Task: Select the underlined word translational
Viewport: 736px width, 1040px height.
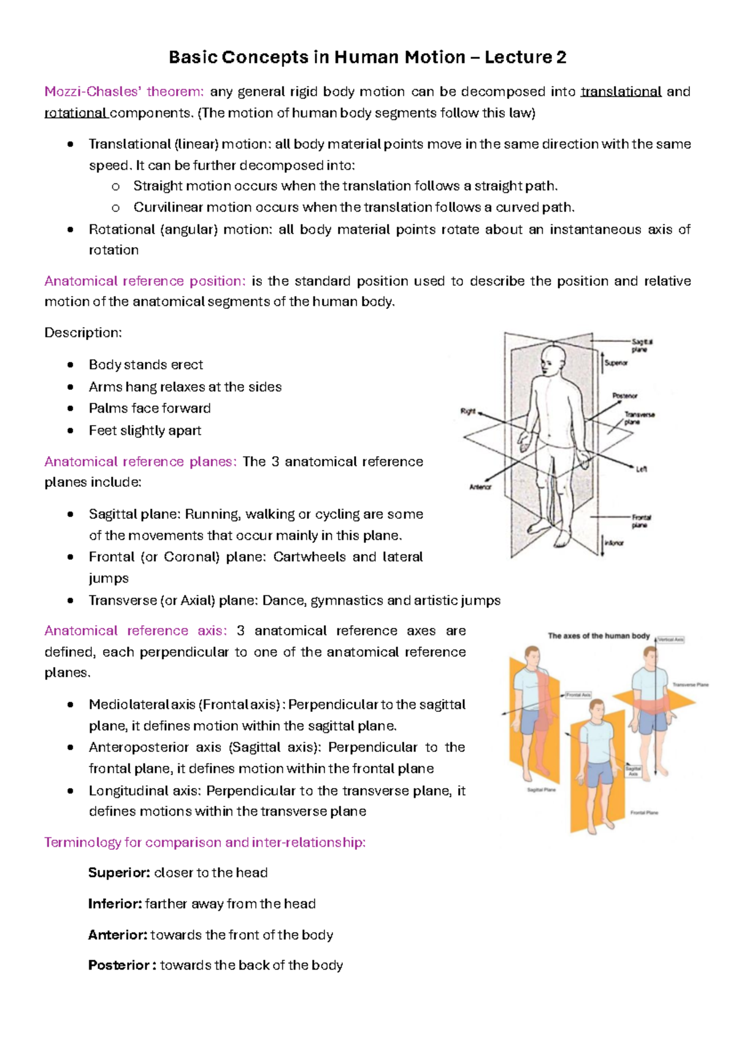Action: click(x=621, y=92)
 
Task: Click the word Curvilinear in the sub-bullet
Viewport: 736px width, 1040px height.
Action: click(x=167, y=207)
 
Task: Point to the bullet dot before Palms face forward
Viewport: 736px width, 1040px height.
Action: click(x=71, y=408)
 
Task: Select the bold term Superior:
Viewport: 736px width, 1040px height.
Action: click(x=119, y=873)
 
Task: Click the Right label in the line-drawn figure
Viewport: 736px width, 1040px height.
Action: click(x=468, y=411)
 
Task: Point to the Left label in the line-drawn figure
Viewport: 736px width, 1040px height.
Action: click(x=641, y=469)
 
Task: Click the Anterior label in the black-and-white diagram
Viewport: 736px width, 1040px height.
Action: click(x=480, y=487)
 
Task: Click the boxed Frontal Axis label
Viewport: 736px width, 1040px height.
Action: click(x=578, y=695)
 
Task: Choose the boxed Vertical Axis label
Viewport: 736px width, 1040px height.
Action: click(x=670, y=640)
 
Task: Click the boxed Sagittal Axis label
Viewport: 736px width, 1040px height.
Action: click(x=633, y=771)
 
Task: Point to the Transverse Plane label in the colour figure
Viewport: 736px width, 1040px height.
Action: click(x=690, y=685)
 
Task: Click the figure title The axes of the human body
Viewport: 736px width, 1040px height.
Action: click(x=599, y=636)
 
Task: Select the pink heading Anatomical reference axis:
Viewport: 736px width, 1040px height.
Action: click(x=136, y=631)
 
